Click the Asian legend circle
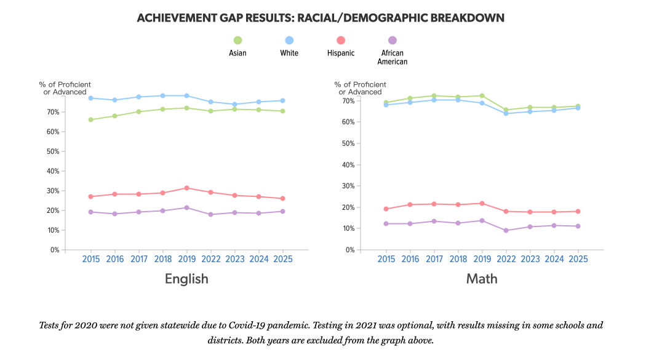point(237,40)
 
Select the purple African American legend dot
point(393,40)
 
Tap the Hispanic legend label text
point(341,53)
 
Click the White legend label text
point(289,53)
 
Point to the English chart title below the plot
point(186,279)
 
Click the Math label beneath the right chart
point(482,279)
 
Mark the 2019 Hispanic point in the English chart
point(187,188)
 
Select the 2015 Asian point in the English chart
point(91,119)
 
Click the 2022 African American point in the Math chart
point(506,231)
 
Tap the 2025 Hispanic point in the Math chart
point(578,211)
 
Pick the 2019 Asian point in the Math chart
point(482,95)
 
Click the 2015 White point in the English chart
point(91,98)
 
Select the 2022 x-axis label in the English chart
point(211,260)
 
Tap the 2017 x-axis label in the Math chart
point(434,260)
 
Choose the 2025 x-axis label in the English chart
point(282,260)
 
